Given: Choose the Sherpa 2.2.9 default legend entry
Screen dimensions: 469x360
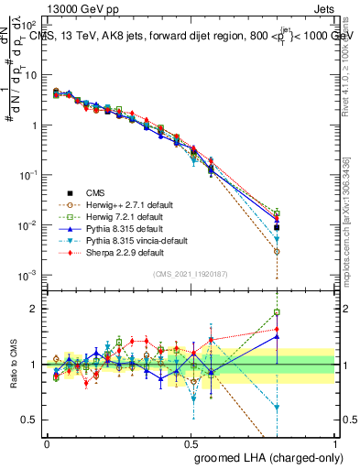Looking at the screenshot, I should [125, 252].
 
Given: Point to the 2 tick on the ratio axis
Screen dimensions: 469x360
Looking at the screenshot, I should [37, 309].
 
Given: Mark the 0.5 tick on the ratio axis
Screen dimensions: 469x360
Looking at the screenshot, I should [33, 420].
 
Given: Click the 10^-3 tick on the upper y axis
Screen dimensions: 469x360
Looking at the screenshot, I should [28, 275].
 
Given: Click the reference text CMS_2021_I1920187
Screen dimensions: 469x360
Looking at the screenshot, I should [191, 274].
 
